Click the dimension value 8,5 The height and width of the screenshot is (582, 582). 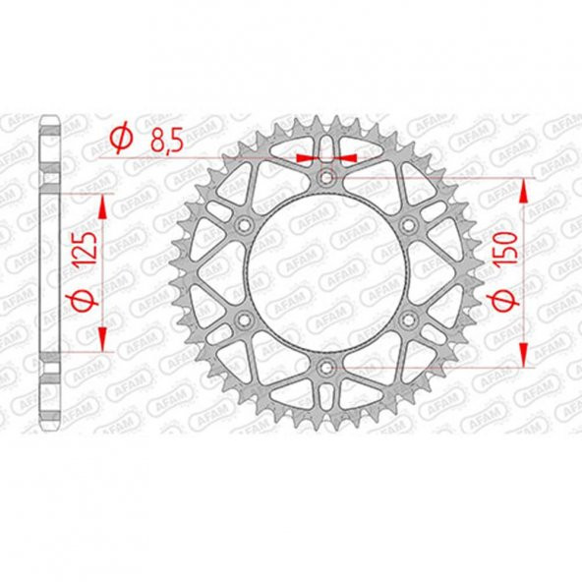[164, 144]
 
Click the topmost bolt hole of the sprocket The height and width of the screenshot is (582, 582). [327, 178]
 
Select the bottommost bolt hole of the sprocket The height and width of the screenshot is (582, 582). [327, 367]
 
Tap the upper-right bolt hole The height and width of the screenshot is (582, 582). [408, 225]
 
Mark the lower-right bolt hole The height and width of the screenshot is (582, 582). [408, 320]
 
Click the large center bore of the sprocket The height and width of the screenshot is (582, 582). [327, 272]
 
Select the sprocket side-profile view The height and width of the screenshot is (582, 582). [50, 272]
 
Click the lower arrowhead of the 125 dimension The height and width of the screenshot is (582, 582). [101, 343]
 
